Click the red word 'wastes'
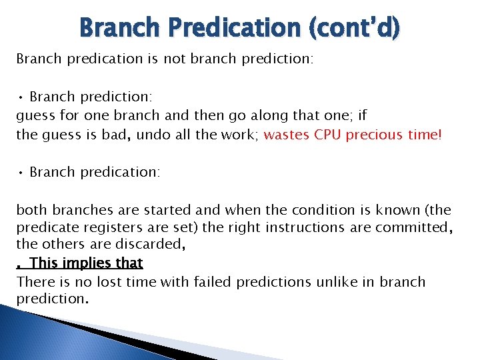point(287,135)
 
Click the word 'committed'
point(412,228)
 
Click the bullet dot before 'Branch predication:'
point(21,173)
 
